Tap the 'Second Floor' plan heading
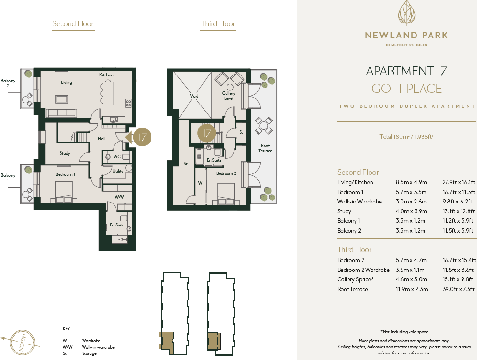point(73,24)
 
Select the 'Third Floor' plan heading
point(218,24)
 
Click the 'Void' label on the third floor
point(194,96)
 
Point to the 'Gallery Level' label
point(229,96)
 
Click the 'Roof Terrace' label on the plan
point(265,148)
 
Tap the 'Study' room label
point(65,153)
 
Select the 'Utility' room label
point(118,171)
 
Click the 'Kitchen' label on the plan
point(106,75)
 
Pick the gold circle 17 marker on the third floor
point(207,133)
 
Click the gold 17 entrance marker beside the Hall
point(142,137)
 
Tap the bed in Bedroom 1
point(64,193)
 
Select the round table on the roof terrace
point(264,125)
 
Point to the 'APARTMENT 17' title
point(406,71)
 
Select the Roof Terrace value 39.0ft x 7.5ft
point(459,289)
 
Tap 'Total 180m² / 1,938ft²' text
point(406,137)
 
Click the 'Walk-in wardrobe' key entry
point(98,347)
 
